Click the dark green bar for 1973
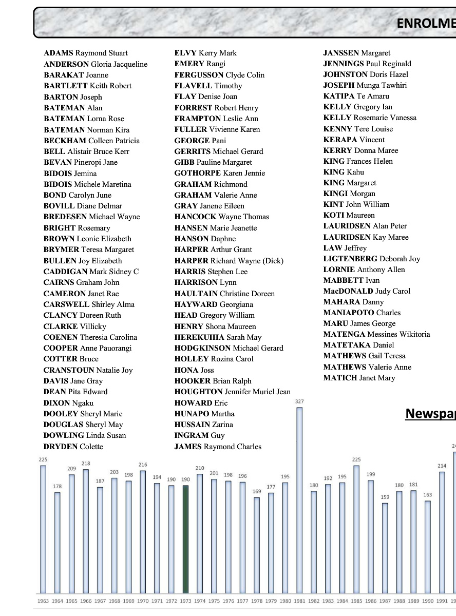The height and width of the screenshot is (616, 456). pyautogui.click(x=185, y=539)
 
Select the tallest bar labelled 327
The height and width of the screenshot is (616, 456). pyautogui.click(x=299, y=500)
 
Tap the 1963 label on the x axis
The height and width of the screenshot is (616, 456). pyautogui.click(x=43, y=601)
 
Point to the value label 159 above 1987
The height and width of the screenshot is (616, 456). pyautogui.click(x=385, y=497)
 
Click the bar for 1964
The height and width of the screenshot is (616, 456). pyautogui.click(x=58, y=543)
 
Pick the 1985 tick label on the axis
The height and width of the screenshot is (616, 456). pyautogui.click(x=356, y=601)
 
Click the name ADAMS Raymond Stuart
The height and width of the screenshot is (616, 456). pyautogui.click(x=86, y=53)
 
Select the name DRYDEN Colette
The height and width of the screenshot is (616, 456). pyautogui.click(x=73, y=447)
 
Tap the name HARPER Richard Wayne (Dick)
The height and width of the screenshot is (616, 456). pyautogui.click(x=229, y=260)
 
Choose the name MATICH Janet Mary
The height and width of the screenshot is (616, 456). pyautogui.click(x=359, y=378)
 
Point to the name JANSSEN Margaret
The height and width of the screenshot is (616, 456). pyautogui.click(x=356, y=53)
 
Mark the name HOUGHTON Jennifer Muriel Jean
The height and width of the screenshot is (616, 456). pyautogui.click(x=232, y=392)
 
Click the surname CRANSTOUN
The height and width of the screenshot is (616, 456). pyautogui.click(x=69, y=370)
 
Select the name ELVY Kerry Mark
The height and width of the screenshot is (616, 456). pyautogui.click(x=205, y=53)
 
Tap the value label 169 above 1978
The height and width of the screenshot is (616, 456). pyautogui.click(x=257, y=491)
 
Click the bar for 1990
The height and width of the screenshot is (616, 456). pyautogui.click(x=427, y=547)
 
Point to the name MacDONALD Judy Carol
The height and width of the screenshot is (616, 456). pyautogui.click(x=367, y=291)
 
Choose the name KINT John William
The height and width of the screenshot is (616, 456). pyautogui.click(x=356, y=204)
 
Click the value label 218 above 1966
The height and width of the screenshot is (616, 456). pyautogui.click(x=86, y=464)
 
